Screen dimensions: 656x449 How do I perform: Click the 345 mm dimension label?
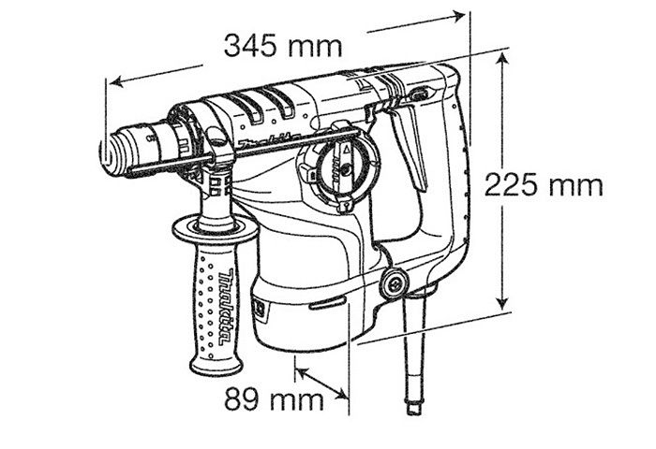coord(283,46)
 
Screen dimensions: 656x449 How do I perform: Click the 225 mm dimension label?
coord(544,185)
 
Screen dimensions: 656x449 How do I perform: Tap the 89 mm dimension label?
coord(274,399)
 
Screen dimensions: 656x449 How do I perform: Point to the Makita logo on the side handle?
coord(227,308)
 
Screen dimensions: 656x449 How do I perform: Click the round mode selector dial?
coord(340,167)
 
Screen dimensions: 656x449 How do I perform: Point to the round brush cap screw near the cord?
coord(394,284)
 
